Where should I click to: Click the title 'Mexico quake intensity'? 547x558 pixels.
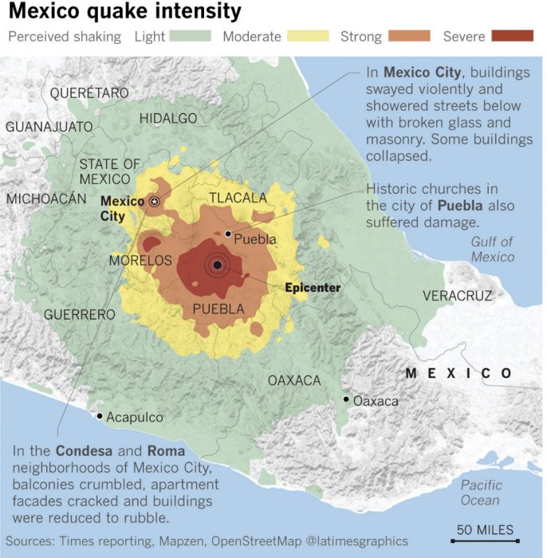(x=124, y=12)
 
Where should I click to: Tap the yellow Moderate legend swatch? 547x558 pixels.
(x=307, y=36)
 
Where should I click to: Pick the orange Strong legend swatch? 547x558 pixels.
(x=409, y=36)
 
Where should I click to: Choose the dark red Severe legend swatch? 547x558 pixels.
(x=512, y=36)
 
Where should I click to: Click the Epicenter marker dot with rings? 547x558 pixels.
(x=217, y=265)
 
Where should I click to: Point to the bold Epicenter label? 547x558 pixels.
(x=313, y=288)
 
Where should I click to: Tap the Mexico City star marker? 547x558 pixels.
(x=155, y=202)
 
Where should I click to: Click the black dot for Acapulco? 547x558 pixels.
(x=100, y=415)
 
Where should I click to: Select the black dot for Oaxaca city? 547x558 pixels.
(x=346, y=399)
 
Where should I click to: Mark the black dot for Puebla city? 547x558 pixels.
(x=228, y=234)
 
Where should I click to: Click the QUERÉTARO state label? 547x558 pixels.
(x=89, y=93)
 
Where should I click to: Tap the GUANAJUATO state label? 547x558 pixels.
(x=49, y=127)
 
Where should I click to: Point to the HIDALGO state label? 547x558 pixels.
(x=168, y=118)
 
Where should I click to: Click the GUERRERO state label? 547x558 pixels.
(x=79, y=314)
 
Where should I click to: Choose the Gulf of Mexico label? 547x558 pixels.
(x=492, y=249)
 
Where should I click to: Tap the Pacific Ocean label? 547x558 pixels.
(x=481, y=492)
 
